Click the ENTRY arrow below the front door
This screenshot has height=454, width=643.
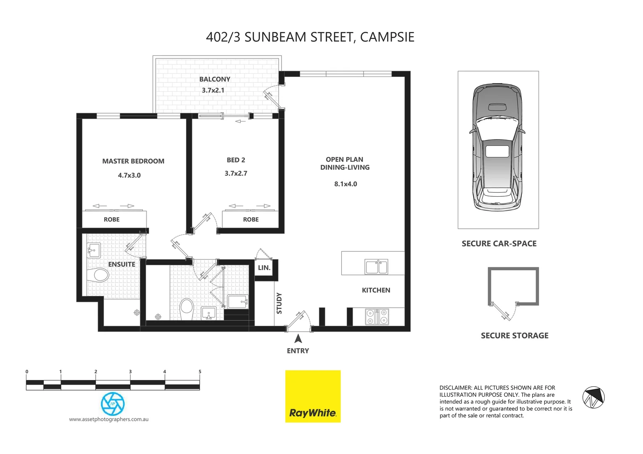tap(298, 338)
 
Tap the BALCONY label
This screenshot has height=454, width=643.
tap(215, 79)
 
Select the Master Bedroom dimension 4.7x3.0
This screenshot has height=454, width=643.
tap(129, 175)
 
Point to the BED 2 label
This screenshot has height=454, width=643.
tap(236, 160)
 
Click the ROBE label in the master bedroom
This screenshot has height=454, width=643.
tap(112, 219)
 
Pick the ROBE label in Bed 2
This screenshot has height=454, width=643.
tap(251, 219)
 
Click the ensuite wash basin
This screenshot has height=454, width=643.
tap(93, 250)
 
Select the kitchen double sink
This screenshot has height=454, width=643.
tap(376, 267)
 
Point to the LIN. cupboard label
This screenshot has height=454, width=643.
tap(264, 268)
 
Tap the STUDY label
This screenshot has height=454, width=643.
tap(279, 303)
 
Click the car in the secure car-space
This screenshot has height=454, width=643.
tap(498, 147)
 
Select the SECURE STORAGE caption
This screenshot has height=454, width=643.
tap(515, 335)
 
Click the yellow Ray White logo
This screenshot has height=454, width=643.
tap(313, 396)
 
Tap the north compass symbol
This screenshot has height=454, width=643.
tap(593, 397)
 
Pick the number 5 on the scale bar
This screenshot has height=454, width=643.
tap(200, 372)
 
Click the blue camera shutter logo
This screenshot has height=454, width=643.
tap(113, 404)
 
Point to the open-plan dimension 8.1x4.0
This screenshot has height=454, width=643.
tap(345, 184)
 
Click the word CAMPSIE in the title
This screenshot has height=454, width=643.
tap(387, 37)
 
